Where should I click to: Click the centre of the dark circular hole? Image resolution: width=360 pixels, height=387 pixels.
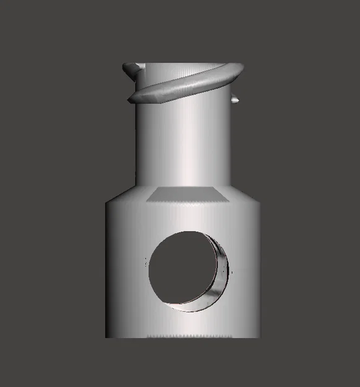coord(184,268)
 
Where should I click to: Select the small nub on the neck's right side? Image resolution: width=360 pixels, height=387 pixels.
coord(235,99)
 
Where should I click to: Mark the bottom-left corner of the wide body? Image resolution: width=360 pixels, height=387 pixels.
coord(106,337)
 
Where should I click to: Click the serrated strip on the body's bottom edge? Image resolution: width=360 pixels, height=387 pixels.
coord(186,336)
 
